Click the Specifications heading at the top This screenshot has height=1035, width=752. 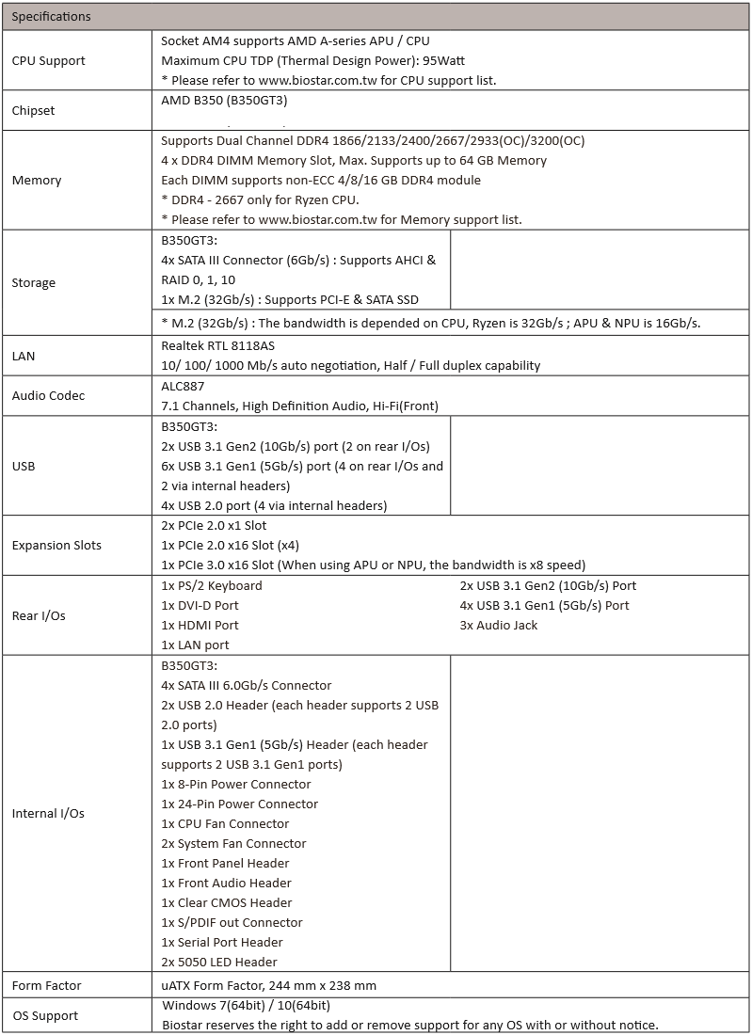click(51, 16)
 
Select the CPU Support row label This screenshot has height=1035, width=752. click(48, 60)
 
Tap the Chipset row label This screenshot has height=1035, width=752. click(33, 110)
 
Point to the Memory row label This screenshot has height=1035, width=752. click(37, 180)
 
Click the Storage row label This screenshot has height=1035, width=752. click(34, 282)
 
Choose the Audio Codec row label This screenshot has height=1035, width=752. click(48, 395)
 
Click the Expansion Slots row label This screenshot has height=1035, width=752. click(56, 545)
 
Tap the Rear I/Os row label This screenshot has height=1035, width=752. click(39, 615)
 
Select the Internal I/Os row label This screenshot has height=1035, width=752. click(48, 813)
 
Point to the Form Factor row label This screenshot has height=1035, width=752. click(46, 985)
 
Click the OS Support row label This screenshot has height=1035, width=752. click(45, 1015)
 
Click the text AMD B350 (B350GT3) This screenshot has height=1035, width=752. click(224, 100)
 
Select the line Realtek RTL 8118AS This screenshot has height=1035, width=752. click(219, 345)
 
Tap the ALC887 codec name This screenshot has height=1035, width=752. click(183, 385)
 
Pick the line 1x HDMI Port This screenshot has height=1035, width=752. click(200, 625)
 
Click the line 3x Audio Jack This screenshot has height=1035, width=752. click(499, 625)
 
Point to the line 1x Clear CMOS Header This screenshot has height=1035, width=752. click(227, 902)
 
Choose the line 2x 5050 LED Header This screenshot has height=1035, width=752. click(219, 962)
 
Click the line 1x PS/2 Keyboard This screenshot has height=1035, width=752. click(212, 585)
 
